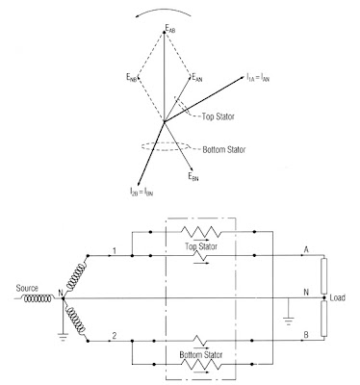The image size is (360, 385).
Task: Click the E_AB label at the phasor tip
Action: tap(170, 29)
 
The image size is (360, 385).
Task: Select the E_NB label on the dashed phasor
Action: tap(132, 77)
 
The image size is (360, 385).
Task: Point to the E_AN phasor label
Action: tap(197, 77)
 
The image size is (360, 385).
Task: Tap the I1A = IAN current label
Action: tap(258, 77)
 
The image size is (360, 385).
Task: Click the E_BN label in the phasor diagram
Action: tap(193, 176)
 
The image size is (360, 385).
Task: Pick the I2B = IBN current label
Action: tap(141, 192)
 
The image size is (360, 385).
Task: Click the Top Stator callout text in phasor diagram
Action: tap(219, 116)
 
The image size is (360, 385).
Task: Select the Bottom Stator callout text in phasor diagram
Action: tap(224, 150)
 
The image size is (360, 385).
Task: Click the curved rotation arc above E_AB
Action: tap(163, 10)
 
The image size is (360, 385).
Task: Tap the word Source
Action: tap(27, 288)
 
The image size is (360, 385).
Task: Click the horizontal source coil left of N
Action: tap(38, 298)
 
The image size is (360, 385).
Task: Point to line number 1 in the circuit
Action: tap(115, 250)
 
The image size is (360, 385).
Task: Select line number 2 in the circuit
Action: tap(115, 336)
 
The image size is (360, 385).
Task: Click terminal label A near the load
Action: tap(306, 249)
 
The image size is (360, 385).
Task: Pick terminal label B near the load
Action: tap(306, 335)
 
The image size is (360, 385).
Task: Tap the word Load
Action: tap(338, 297)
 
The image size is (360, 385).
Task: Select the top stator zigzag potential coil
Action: tap(201, 232)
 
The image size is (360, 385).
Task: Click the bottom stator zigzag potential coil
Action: tap(201, 364)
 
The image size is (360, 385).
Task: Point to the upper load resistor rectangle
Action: tap(324, 276)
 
